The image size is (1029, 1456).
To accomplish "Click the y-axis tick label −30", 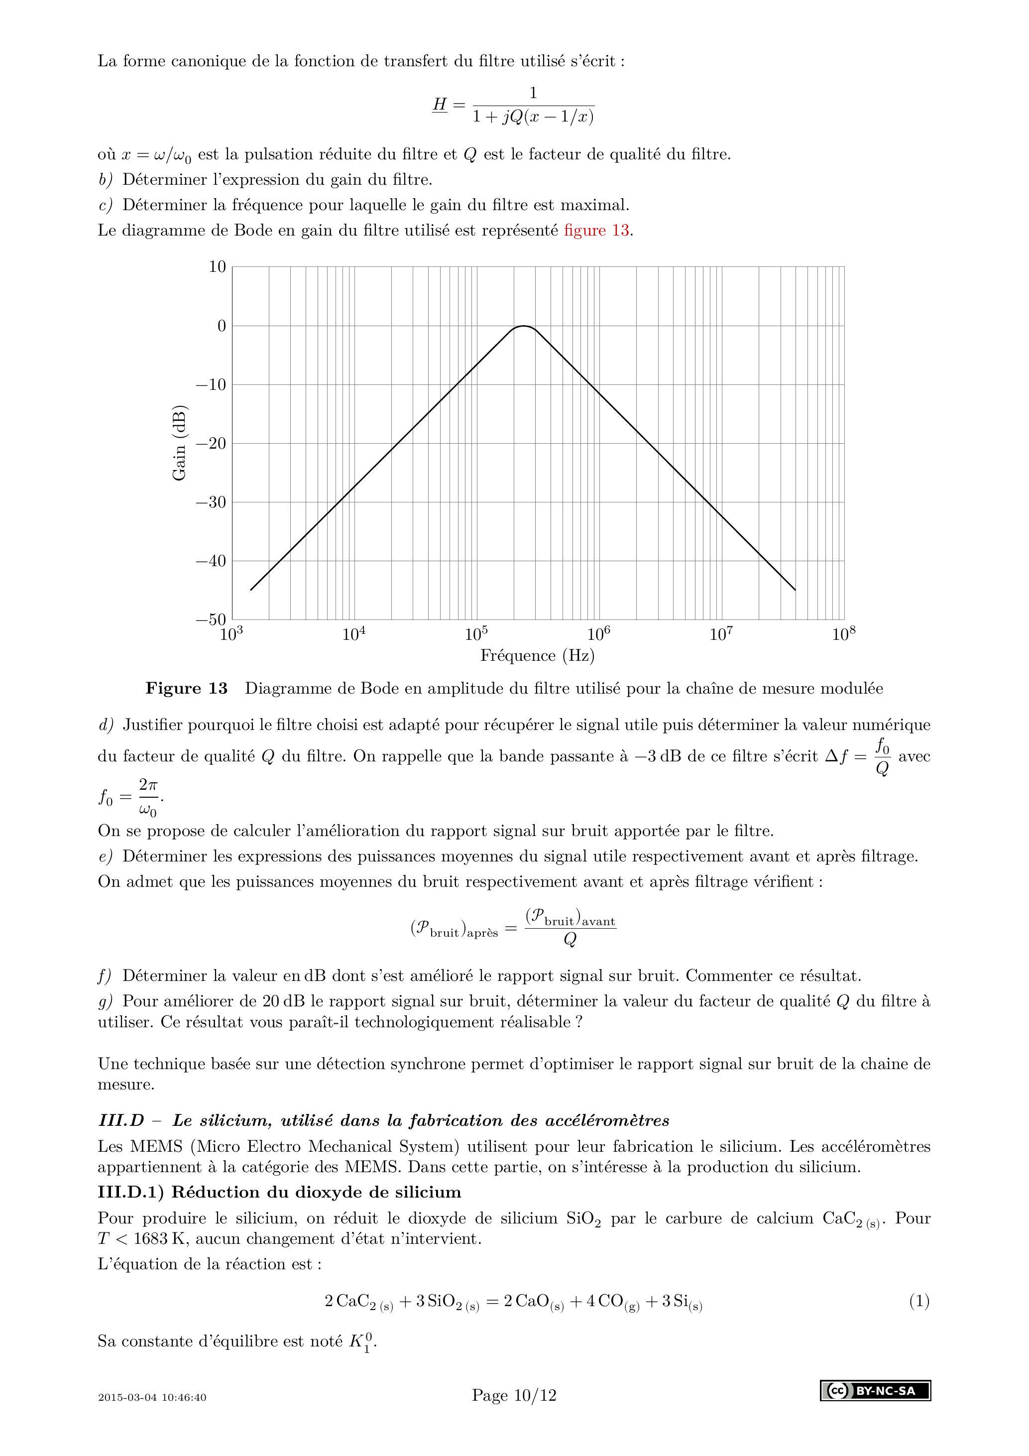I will [211, 502].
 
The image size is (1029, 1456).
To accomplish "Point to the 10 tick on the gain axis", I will [218, 267].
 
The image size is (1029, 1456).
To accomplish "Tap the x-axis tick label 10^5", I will [476, 634].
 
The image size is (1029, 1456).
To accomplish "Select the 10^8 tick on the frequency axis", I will [843, 634].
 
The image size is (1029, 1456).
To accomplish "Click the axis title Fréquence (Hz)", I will [537, 656].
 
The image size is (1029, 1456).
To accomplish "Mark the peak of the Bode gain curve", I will [524, 326].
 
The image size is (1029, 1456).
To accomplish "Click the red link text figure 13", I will [596, 230].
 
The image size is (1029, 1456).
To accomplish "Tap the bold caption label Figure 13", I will [186, 689].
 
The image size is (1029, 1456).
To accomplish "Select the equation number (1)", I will [918, 1302].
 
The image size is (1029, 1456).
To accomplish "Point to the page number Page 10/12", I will [514, 1395].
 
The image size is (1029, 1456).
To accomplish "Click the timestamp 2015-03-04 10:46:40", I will [152, 1398].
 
